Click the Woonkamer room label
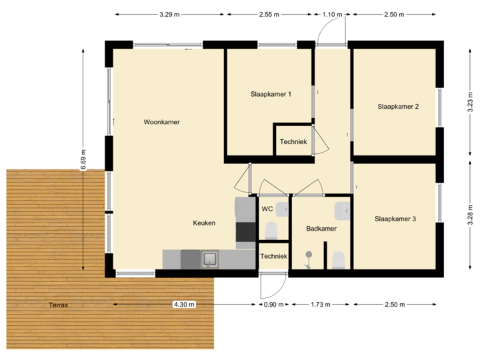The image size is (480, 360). pos(161,122)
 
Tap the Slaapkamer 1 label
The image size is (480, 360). pos(271,94)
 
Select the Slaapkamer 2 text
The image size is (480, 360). pos(397,107)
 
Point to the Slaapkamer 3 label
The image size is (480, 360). pos(395,219)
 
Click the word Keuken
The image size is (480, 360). pos(204,223)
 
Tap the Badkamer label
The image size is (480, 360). pos(321,229)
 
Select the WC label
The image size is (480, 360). pos(267,209)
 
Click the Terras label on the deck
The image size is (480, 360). pos(58,305)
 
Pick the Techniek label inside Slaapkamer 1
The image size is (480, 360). pos(293,141)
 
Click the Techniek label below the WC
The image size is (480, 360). pos(273,256)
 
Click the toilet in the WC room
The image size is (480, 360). pos(271,231)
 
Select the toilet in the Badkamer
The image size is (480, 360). pos(338,259)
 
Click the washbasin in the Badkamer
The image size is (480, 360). pos(343,210)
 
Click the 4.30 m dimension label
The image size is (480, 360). pos(184,305)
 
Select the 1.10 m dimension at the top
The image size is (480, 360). pos(331,14)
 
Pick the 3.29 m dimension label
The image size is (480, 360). pos(169,14)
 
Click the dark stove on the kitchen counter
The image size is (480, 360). pos(245,231)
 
